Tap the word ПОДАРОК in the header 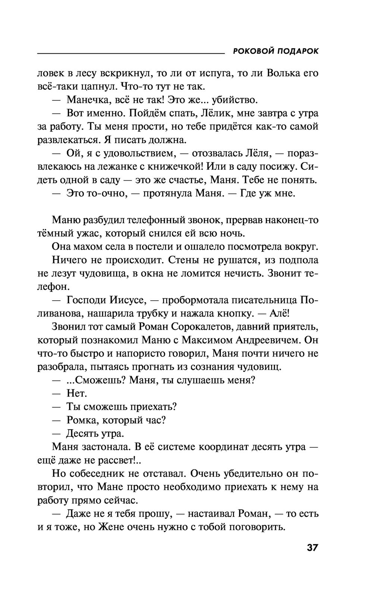click(298, 51)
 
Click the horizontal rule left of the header click(131, 54)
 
